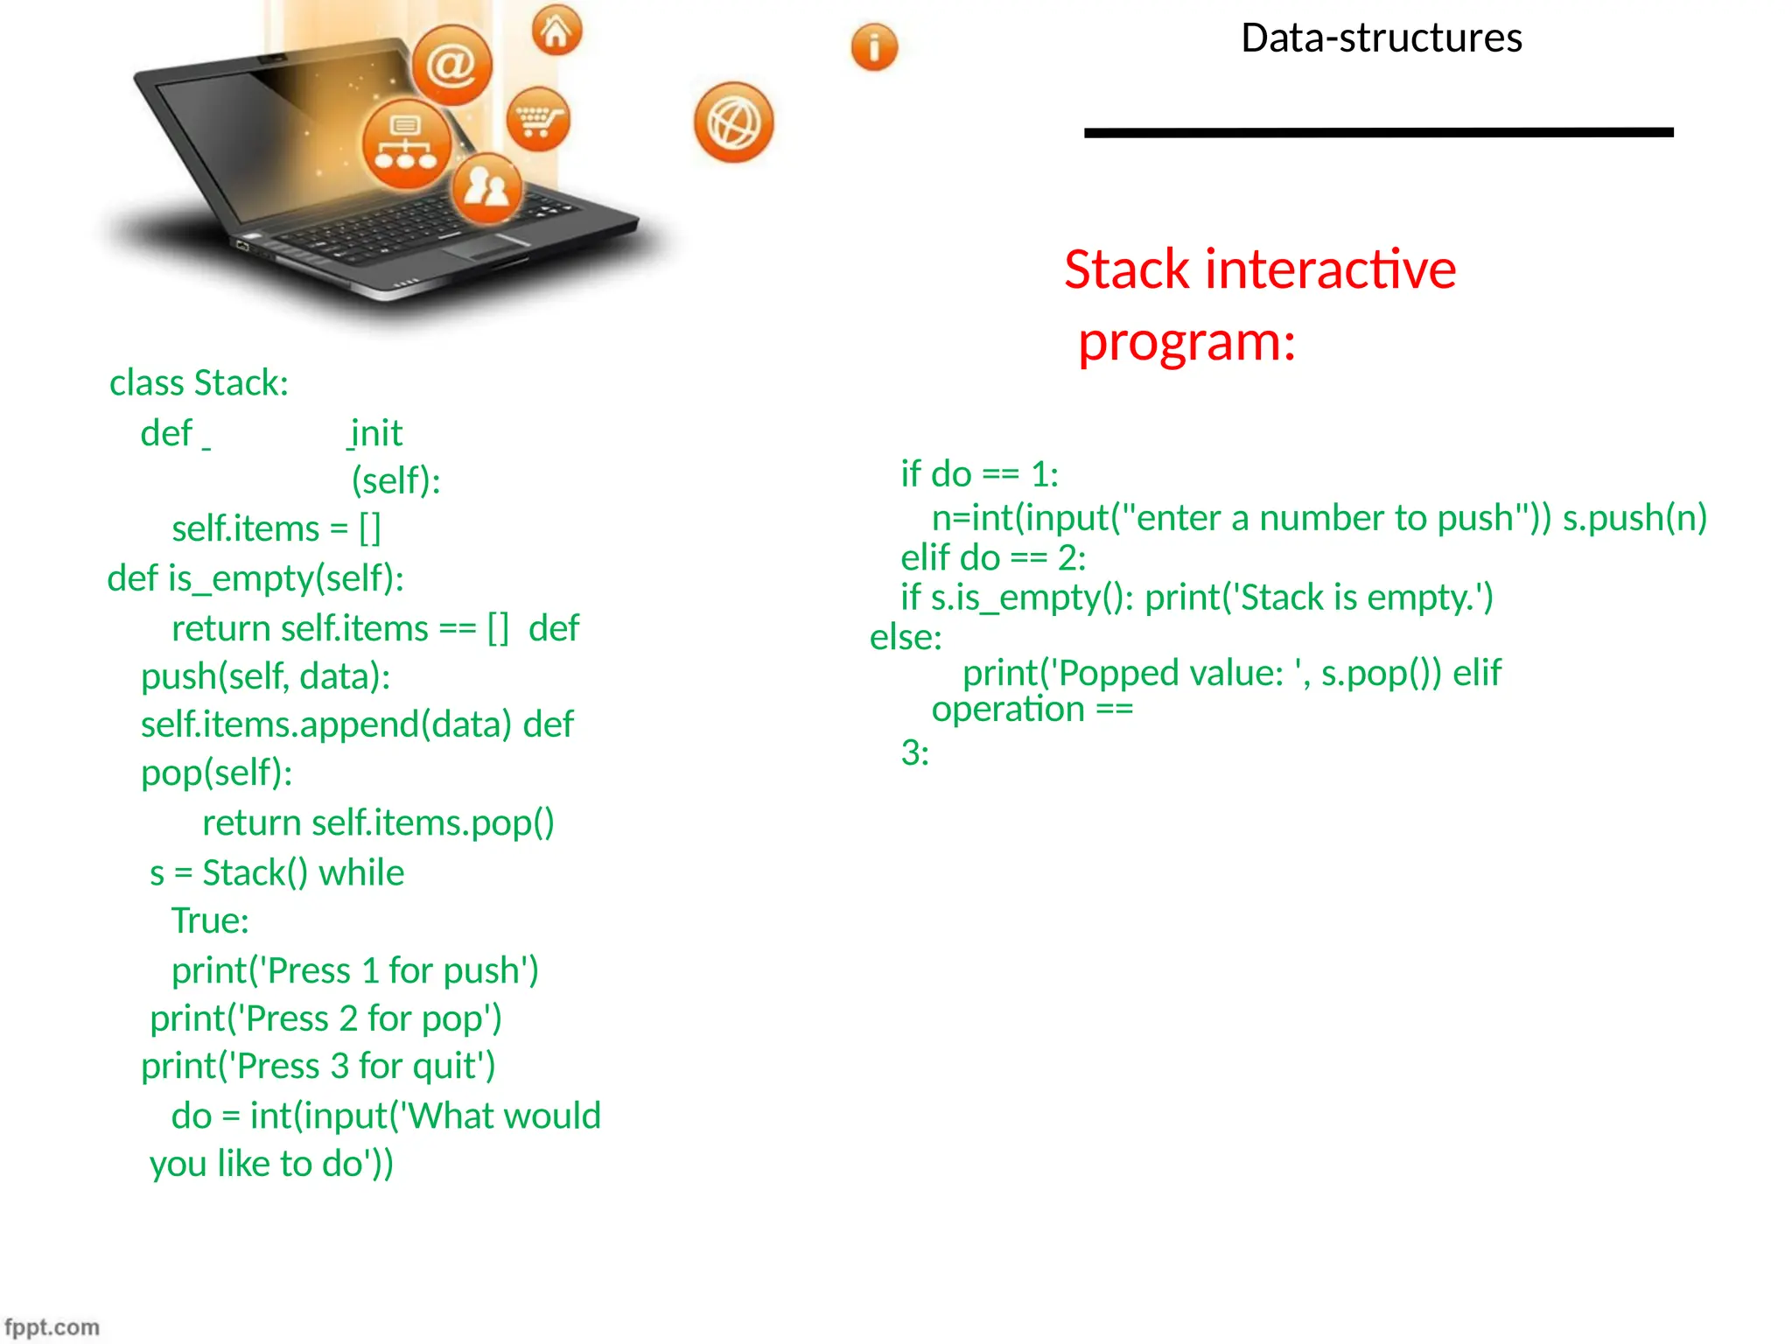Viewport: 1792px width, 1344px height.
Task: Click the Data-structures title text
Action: point(1381,38)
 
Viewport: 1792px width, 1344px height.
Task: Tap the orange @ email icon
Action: point(451,65)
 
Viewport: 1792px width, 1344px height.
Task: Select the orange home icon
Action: point(556,31)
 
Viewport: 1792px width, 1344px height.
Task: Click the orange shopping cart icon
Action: point(537,119)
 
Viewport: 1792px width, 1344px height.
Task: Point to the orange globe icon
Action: point(733,122)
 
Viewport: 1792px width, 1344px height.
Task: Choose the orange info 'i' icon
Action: point(874,46)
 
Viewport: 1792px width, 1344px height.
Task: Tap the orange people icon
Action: point(486,187)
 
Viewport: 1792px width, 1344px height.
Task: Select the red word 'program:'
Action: point(1186,341)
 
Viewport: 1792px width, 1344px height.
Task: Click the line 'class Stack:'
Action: point(199,383)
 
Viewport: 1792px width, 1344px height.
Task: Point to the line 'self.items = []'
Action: point(276,528)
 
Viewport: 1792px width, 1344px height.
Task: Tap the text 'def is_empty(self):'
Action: point(255,578)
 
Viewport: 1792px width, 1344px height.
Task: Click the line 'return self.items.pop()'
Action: point(378,822)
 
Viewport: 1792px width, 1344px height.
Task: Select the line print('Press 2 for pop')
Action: point(325,1018)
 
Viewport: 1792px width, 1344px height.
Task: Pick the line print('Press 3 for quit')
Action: point(318,1066)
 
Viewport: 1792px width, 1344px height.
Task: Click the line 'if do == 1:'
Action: point(979,474)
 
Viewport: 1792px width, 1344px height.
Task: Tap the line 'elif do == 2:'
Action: point(993,557)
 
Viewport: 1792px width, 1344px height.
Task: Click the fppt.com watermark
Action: point(52,1326)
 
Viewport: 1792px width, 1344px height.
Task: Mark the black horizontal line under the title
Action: point(1378,133)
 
